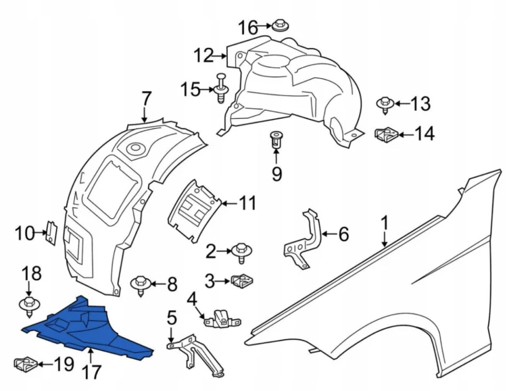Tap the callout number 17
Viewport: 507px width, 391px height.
pyautogui.click(x=91, y=372)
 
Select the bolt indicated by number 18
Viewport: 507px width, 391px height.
pyautogui.click(x=30, y=306)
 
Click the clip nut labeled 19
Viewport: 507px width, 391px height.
pyautogui.click(x=26, y=364)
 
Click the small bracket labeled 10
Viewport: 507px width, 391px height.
pyautogui.click(x=51, y=233)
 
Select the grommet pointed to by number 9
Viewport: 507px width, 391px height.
pyautogui.click(x=276, y=140)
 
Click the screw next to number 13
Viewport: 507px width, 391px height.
pyautogui.click(x=385, y=105)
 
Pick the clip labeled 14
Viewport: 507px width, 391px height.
pyautogui.click(x=387, y=134)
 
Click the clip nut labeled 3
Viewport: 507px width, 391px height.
pyautogui.click(x=243, y=281)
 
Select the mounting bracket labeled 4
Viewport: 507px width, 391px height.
pyautogui.click(x=223, y=318)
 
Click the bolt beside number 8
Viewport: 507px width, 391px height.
pyautogui.click(x=141, y=286)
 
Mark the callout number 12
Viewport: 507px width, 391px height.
pyautogui.click(x=204, y=55)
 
